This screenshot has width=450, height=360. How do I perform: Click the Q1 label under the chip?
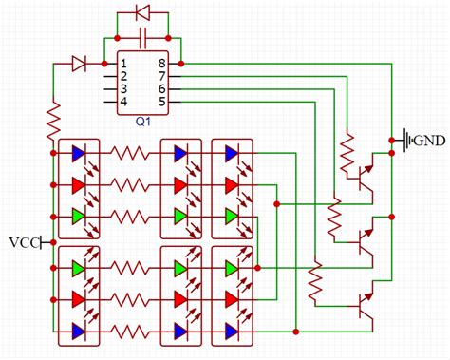(x=142, y=123)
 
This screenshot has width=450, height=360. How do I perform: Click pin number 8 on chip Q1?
(x=161, y=64)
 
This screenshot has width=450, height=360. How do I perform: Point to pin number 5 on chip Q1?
(x=161, y=101)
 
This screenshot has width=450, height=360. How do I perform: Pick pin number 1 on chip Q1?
(x=123, y=64)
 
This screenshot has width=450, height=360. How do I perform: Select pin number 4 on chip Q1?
(x=123, y=101)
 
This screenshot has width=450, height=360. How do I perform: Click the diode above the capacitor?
(x=142, y=13)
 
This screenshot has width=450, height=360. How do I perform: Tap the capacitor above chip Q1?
(x=142, y=39)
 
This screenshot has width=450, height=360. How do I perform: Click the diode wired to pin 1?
(x=80, y=64)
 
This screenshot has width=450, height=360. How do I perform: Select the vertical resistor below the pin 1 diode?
(x=54, y=121)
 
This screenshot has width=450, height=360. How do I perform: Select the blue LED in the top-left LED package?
(x=77, y=153)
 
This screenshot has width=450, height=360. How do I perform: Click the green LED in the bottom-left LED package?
(x=77, y=269)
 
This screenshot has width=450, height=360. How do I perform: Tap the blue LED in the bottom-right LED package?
(x=230, y=331)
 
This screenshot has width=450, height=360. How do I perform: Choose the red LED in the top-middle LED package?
(x=179, y=183)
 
